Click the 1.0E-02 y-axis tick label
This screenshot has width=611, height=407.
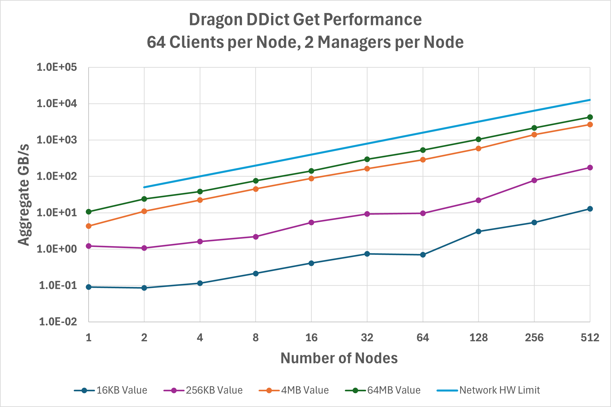[x=58, y=322]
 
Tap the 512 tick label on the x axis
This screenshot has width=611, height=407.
[x=590, y=338]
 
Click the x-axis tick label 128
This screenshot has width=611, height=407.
[x=478, y=338]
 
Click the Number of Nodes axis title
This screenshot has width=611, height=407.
[x=339, y=358]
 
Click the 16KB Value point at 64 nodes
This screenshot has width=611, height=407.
[x=423, y=255]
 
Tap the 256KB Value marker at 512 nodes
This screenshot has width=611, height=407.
[x=590, y=167]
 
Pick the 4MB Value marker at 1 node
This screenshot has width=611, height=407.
[x=89, y=226]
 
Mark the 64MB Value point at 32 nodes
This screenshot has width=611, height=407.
[x=367, y=159]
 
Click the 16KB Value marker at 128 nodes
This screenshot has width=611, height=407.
[x=478, y=231]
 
